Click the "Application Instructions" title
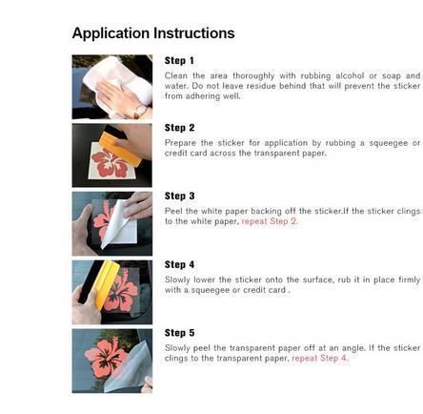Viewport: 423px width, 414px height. tap(153, 33)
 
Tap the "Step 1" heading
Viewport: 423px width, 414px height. tap(179, 60)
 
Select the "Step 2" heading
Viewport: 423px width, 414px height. tap(179, 128)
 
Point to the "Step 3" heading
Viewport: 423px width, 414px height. tap(179, 197)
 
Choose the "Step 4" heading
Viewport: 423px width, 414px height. tap(179, 264)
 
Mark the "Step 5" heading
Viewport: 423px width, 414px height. tap(179, 333)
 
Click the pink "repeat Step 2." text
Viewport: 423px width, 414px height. tap(270, 221)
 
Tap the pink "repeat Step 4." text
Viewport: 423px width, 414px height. tap(320, 359)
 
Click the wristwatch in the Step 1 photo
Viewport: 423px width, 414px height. tap(140, 112)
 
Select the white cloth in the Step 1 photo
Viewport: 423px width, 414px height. tap(119, 83)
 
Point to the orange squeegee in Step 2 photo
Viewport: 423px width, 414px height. tap(120, 149)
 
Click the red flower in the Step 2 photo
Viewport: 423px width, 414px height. tap(110, 163)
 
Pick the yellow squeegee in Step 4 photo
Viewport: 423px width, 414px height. tap(107, 284)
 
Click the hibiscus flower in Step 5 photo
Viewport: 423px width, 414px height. tap(106, 359)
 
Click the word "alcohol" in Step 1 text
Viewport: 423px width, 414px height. tap(350, 75)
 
